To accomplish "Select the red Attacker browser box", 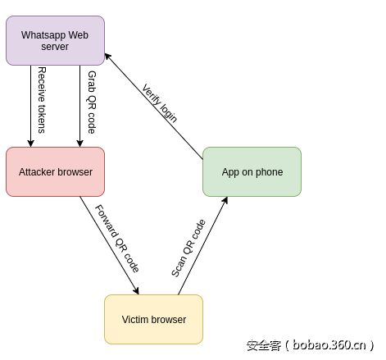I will (x=55, y=171).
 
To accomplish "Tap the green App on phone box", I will (x=252, y=171).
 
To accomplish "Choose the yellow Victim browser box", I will (x=153, y=319).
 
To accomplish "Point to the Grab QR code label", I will (x=91, y=103).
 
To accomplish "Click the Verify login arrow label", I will (x=160, y=103).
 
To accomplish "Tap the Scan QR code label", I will (x=188, y=248).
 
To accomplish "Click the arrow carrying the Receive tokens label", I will (x=31, y=107).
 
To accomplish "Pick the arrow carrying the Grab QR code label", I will (x=80, y=107).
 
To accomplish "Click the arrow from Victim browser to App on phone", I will (x=202, y=246).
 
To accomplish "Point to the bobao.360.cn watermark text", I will (x=311, y=345).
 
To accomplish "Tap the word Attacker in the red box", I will (x=37, y=172).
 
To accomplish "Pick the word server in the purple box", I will (x=55, y=48).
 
